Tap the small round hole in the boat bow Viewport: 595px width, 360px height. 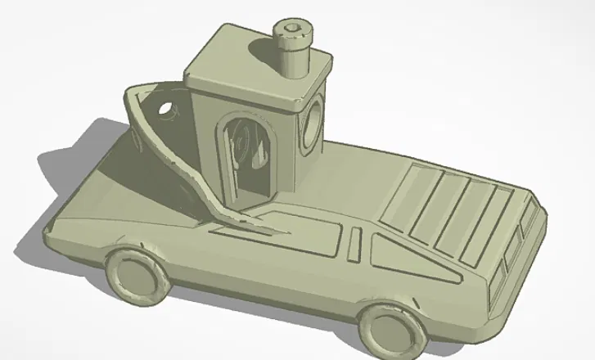click(x=167, y=109)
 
